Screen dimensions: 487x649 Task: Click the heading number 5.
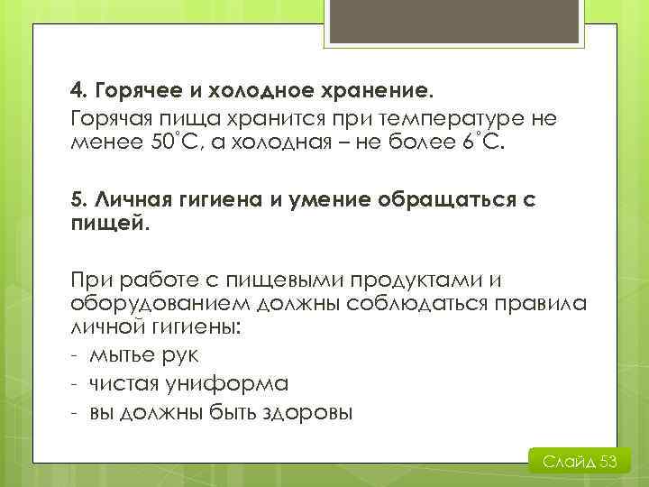78,199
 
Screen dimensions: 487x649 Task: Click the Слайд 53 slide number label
579,463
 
